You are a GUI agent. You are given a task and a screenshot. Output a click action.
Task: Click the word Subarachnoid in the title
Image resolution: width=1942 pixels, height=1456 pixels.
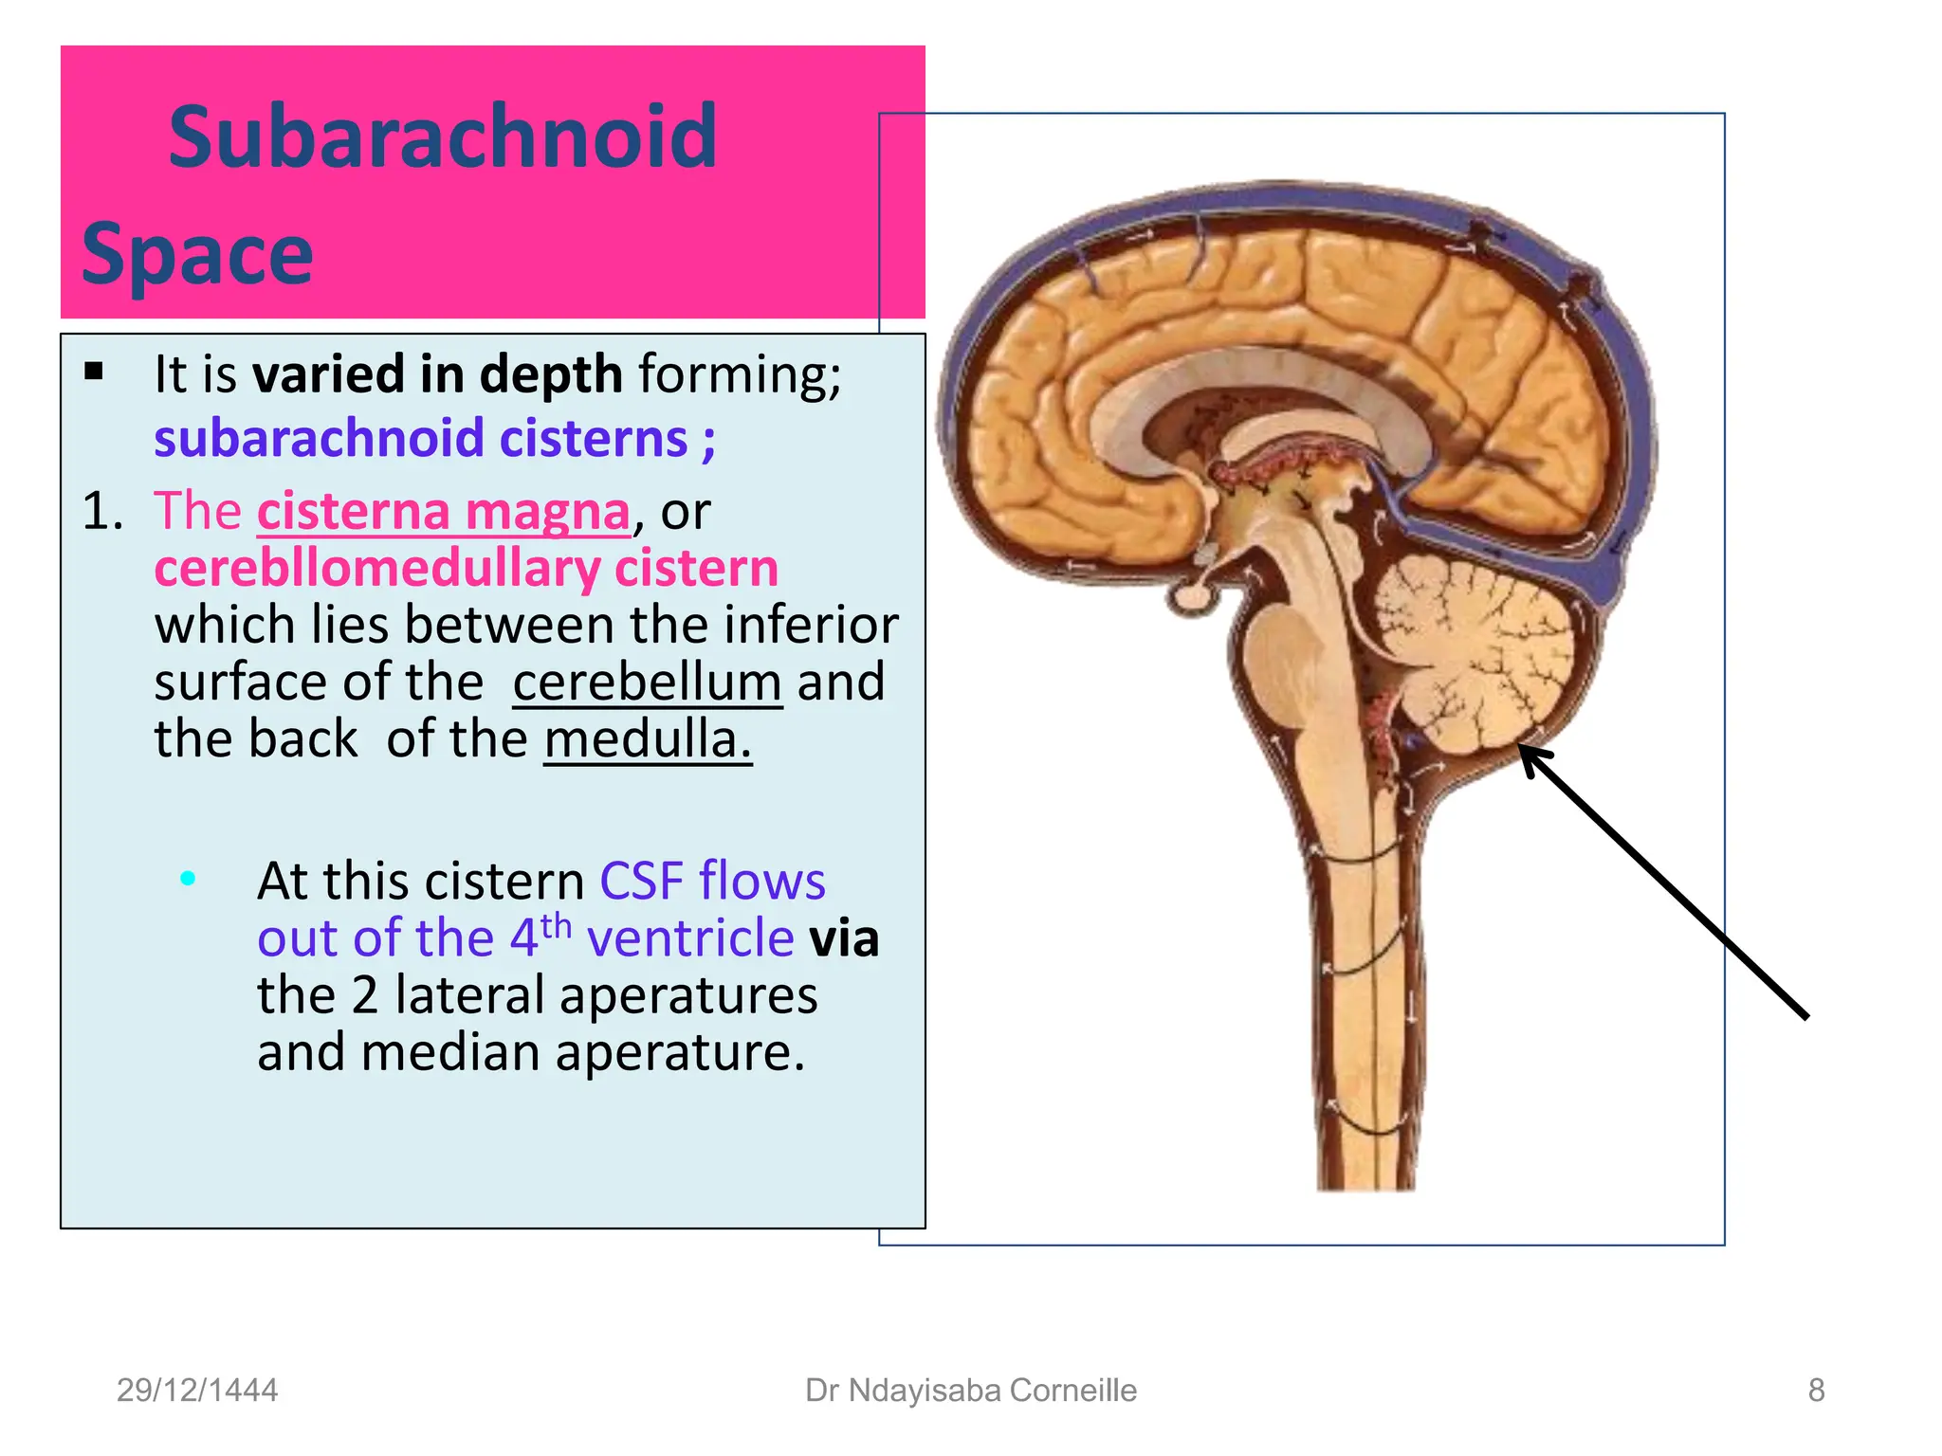point(443,138)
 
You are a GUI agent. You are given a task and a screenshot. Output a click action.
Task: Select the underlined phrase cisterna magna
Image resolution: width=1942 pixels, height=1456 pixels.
point(443,512)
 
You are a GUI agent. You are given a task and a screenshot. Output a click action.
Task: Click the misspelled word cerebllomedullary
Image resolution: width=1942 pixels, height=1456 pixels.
point(379,569)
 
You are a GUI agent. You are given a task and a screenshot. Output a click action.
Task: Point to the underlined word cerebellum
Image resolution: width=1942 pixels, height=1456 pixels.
point(647,682)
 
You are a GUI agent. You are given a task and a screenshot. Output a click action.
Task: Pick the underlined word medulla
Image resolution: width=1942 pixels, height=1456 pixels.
point(647,739)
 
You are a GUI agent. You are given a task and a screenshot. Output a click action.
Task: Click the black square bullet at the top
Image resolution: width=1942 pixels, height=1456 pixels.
point(94,371)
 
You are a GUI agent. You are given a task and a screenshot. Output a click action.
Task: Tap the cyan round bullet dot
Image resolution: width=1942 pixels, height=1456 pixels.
point(188,879)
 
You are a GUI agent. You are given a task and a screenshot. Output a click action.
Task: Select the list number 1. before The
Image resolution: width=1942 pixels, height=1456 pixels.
point(102,512)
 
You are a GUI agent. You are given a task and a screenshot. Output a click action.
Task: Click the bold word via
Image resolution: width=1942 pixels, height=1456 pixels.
point(843,938)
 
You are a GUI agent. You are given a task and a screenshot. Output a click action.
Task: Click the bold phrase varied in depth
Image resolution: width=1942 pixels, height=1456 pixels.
point(437,374)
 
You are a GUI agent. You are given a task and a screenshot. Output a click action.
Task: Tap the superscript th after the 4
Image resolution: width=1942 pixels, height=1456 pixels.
point(557,925)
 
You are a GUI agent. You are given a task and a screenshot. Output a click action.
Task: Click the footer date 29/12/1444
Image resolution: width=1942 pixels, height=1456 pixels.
point(197,1390)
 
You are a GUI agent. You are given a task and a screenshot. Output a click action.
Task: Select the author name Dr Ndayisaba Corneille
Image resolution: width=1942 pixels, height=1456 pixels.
point(970,1390)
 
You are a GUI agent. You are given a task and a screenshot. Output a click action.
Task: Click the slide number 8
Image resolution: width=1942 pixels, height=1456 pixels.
point(1816,1390)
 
